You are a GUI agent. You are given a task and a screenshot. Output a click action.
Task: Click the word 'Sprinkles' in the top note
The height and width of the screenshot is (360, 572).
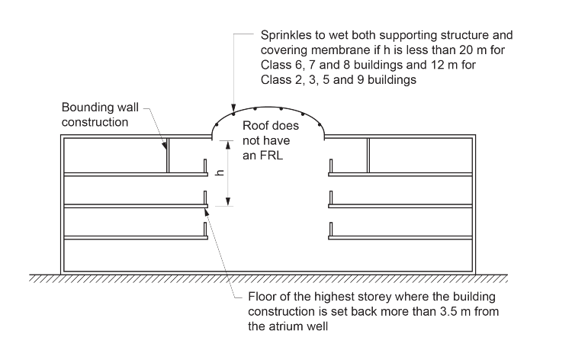coord(285,35)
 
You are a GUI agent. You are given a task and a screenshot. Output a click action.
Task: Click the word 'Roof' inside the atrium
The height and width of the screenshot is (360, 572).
coord(255,127)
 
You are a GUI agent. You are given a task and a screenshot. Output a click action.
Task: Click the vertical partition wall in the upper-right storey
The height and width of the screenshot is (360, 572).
coord(368,156)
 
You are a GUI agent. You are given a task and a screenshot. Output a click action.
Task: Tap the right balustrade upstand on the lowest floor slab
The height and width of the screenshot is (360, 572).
coord(330,230)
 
